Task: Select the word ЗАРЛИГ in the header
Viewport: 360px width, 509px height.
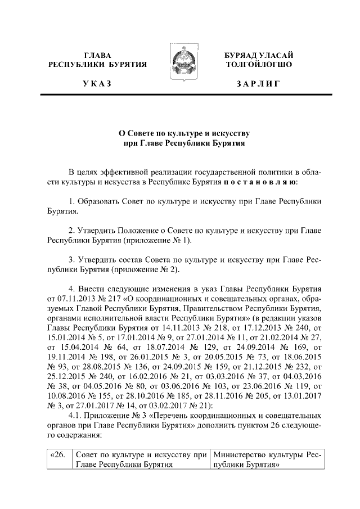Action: click(258, 84)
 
